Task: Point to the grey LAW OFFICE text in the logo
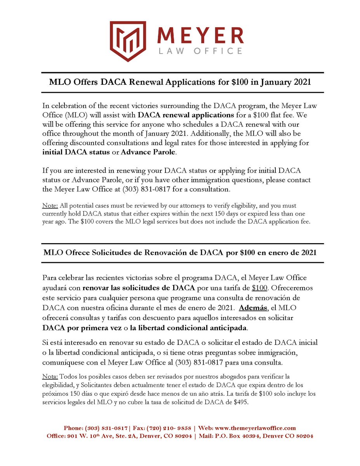click(200, 51)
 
